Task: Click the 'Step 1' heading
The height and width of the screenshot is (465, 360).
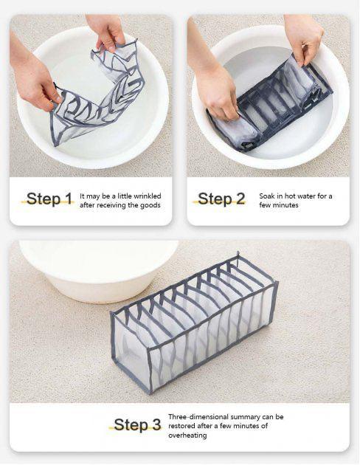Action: pyautogui.click(x=49, y=199)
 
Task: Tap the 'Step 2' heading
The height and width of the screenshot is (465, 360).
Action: pyautogui.click(x=221, y=199)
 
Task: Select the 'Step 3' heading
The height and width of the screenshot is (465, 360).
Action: pyautogui.click(x=137, y=424)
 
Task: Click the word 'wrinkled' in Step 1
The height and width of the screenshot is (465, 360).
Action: pyautogui.click(x=148, y=196)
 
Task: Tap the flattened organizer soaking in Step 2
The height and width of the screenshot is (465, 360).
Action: pyautogui.click(x=269, y=107)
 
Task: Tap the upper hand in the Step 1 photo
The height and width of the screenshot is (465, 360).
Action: pyautogui.click(x=107, y=32)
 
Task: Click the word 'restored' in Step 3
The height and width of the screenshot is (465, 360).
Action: pyautogui.click(x=181, y=426)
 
